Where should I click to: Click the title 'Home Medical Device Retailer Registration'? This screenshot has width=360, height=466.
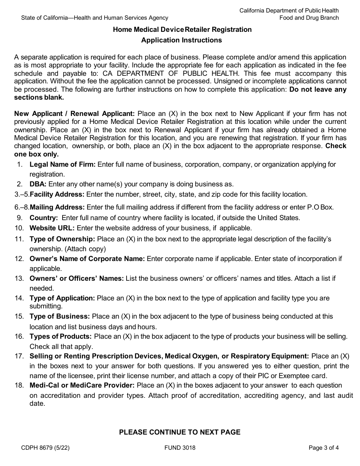182,30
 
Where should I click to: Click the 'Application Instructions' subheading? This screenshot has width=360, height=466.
182,40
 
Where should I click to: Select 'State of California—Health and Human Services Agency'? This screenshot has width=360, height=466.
95,18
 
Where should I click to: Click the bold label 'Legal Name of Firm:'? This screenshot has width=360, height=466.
63,164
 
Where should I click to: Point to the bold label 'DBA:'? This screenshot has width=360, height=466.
38,184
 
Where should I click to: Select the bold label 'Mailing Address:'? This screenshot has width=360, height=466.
57,207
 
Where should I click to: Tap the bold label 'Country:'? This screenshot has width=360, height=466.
44,218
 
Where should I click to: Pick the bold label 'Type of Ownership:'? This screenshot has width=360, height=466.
62,239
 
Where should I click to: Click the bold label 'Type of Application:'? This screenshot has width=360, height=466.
62,298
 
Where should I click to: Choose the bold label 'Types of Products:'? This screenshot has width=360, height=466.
61,336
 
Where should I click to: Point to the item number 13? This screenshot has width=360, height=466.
19,278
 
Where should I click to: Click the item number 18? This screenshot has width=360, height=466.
19,385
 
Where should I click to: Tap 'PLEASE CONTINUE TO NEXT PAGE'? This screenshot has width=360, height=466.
180,432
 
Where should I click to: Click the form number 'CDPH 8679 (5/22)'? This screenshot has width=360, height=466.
45,448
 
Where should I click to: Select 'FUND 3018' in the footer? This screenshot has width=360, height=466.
180,448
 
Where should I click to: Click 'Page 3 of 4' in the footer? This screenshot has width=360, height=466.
324,448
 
